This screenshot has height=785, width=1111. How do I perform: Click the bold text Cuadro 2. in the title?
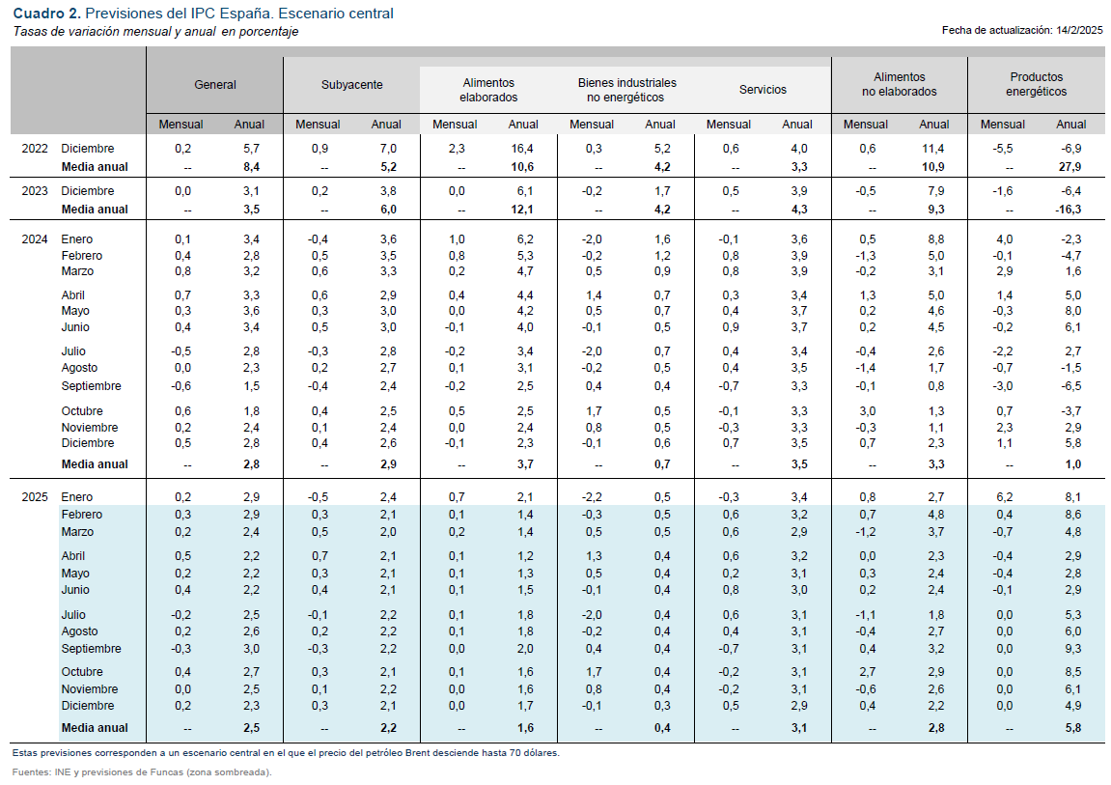coord(46,14)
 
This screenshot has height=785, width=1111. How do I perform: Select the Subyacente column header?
coord(351,85)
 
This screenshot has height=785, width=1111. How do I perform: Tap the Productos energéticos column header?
coord(1036,84)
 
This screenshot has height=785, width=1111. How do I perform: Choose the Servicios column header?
coord(763,90)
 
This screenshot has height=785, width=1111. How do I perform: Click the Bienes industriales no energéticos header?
coord(626,90)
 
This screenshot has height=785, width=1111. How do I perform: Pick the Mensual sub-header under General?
coord(181,125)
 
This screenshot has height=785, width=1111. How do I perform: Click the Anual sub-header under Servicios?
coord(797,125)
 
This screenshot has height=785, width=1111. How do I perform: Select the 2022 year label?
coord(35,149)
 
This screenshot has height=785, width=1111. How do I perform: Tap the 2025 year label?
coord(35,497)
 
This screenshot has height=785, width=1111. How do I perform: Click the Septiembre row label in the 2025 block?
coord(91,649)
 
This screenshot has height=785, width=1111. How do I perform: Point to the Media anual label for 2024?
coord(95,464)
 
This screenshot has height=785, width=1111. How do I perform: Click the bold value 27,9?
coord(1070,167)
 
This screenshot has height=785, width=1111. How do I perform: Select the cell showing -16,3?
coord(1068,210)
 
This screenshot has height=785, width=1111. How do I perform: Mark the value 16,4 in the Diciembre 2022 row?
coord(522,149)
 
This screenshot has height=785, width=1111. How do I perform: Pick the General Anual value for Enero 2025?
coord(249,497)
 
